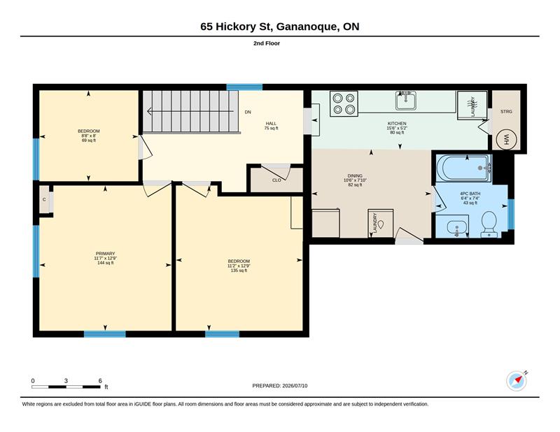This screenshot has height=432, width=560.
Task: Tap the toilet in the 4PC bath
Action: click(x=489, y=224)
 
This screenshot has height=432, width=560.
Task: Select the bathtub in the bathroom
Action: click(x=463, y=168)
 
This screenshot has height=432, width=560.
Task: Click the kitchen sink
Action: click(x=406, y=100)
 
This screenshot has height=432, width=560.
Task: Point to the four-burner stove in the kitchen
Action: click(x=344, y=103)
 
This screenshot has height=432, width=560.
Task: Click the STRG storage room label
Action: click(x=506, y=112)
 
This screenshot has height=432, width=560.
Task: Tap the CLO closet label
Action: click(x=276, y=180)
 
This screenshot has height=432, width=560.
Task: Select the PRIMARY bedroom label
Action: click(x=105, y=254)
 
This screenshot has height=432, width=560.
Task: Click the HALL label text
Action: click(x=271, y=124)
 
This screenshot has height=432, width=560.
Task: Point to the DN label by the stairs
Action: click(x=248, y=112)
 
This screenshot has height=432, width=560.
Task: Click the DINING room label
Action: click(x=355, y=176)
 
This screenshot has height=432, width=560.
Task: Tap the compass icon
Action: click(x=517, y=381)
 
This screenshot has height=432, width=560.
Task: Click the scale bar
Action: click(x=66, y=387)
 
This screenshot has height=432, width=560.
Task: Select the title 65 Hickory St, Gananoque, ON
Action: click(x=279, y=27)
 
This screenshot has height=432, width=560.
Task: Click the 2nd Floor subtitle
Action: click(x=267, y=43)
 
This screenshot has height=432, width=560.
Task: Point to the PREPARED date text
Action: click(x=279, y=386)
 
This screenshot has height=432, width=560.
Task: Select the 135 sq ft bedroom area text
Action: click(x=239, y=271)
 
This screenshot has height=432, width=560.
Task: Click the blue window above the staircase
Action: click(x=244, y=87)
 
